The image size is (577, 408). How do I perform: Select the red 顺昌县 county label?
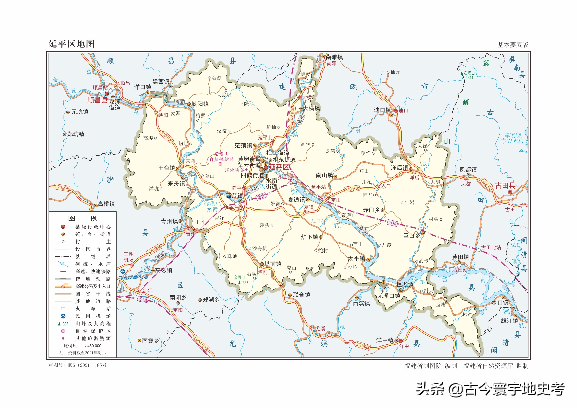[x=97, y=100]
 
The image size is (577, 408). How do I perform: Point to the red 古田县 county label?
[x=505, y=186]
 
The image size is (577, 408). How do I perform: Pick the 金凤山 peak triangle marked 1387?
[x=239, y=283]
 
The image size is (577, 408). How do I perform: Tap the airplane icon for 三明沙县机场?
[x=123, y=271]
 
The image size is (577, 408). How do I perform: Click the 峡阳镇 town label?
[x=200, y=104]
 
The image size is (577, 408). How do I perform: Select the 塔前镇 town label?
[x=273, y=264]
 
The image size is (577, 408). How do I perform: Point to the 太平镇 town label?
[x=356, y=258]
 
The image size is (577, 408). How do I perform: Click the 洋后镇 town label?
[x=399, y=168]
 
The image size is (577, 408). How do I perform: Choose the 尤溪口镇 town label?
[x=389, y=296]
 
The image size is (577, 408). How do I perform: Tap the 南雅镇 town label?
[x=334, y=57]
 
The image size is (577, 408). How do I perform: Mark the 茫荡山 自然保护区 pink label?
[x=221, y=157]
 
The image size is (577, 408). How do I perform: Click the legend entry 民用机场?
[x=93, y=316]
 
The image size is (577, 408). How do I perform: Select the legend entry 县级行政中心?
[x=93, y=227]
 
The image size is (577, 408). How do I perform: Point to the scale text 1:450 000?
[x=91, y=346]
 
